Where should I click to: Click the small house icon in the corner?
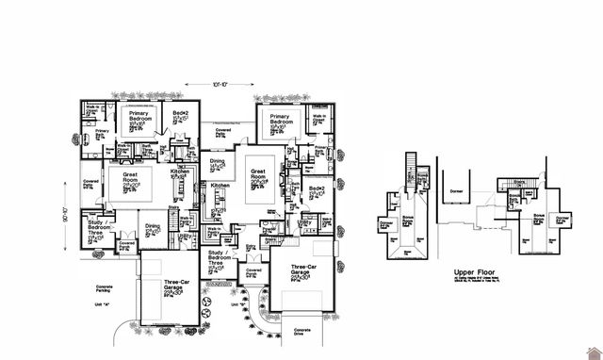click(x=593, y=351)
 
